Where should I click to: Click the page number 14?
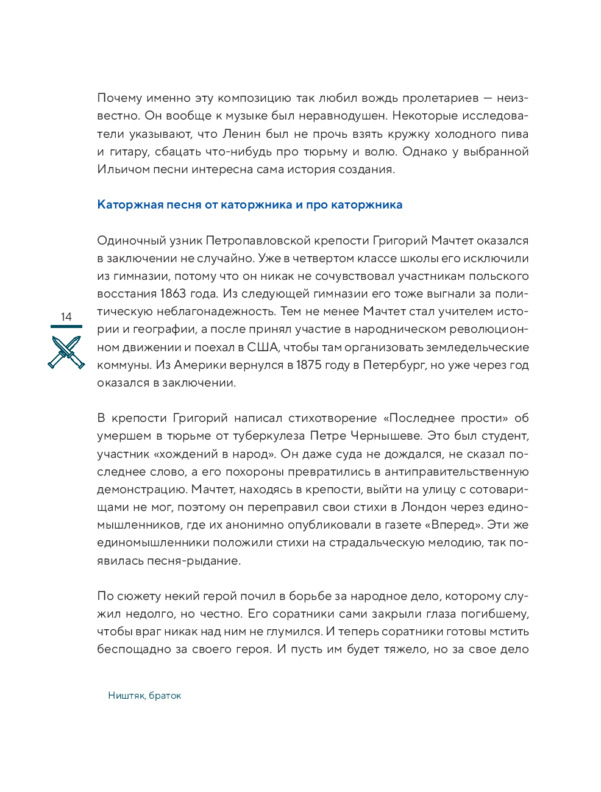tap(66, 316)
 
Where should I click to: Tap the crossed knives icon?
tap(66, 352)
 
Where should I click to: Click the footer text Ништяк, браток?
tap(144, 696)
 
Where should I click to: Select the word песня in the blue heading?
tap(184, 205)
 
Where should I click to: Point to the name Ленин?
tap(241, 134)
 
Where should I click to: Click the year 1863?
tap(172, 294)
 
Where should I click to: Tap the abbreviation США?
tap(263, 348)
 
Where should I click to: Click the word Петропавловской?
tap(255, 241)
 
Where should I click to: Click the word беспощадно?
tap(134, 649)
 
